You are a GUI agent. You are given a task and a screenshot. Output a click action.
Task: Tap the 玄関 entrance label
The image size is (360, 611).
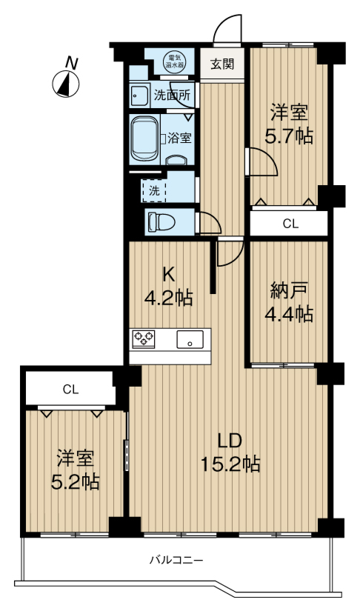click(221, 64)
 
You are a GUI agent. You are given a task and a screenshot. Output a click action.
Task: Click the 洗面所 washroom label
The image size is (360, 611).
click(172, 95)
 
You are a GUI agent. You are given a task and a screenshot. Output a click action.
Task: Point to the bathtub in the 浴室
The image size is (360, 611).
click(146, 138)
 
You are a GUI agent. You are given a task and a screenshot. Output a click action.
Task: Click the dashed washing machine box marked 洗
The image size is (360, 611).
click(154, 190)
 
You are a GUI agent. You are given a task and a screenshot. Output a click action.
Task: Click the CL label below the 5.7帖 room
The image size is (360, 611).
click(290, 223)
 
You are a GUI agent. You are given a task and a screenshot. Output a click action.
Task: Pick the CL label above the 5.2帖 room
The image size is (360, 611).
click(70, 389)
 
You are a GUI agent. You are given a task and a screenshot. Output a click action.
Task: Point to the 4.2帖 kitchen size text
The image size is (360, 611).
click(168, 298)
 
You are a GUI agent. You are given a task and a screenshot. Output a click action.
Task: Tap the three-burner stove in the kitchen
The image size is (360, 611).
click(144, 339)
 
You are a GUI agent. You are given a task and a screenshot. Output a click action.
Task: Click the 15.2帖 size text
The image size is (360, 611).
click(230, 465)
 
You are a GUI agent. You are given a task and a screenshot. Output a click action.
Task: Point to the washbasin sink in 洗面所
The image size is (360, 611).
click(139, 96)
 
